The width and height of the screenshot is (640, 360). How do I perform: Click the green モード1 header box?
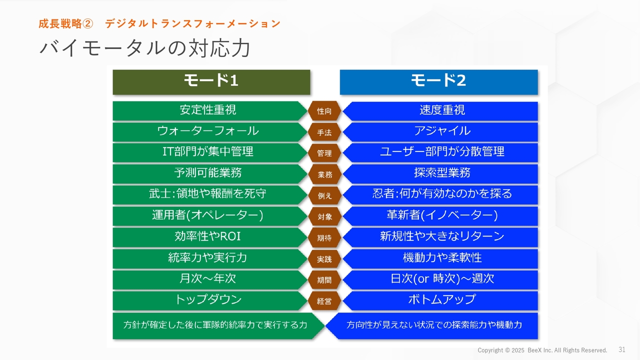click(x=211, y=82)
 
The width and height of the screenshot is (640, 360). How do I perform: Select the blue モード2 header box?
click(x=439, y=82)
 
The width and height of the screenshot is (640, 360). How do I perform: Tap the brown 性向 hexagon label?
click(x=324, y=111)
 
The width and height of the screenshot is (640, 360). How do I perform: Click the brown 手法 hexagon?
click(x=324, y=132)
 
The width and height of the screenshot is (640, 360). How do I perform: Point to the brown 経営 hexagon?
click(x=324, y=301)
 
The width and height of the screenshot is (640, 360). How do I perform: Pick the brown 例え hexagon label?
click(x=324, y=195)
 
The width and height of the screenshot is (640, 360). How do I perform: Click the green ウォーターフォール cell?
click(x=210, y=132)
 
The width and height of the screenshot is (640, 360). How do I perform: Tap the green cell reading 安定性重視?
click(x=210, y=111)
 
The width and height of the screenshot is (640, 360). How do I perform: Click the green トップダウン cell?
click(x=210, y=300)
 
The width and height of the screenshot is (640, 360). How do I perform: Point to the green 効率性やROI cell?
click(x=210, y=237)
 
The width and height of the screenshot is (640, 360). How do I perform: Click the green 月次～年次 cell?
click(x=210, y=279)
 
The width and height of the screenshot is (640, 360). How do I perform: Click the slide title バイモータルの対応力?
click(x=145, y=48)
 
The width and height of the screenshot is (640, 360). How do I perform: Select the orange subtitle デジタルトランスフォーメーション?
click(x=193, y=23)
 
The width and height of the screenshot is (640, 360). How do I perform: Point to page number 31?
click(x=621, y=349)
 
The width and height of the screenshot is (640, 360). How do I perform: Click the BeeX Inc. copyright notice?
click(x=542, y=350)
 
